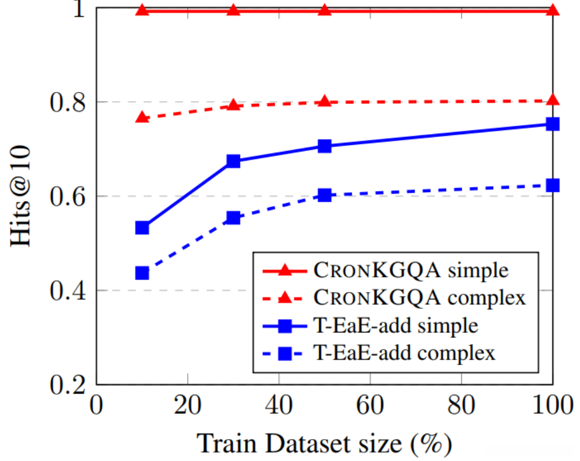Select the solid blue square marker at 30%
point(233,162)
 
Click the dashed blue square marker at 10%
point(142,273)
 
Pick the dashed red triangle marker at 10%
point(142,117)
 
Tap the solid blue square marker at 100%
point(553,124)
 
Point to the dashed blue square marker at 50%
point(324,195)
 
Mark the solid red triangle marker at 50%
point(324,10)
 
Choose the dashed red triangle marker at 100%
point(553,100)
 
